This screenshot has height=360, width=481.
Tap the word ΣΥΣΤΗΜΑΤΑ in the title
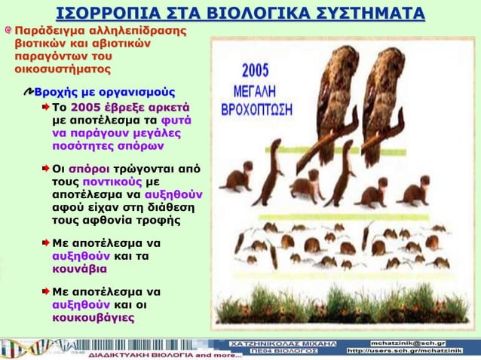point(358,13)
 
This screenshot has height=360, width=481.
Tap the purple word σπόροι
point(90,168)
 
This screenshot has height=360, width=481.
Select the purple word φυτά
point(176,120)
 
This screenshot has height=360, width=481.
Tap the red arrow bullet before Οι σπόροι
point(45,168)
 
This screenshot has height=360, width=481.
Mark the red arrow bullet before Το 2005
point(45,107)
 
